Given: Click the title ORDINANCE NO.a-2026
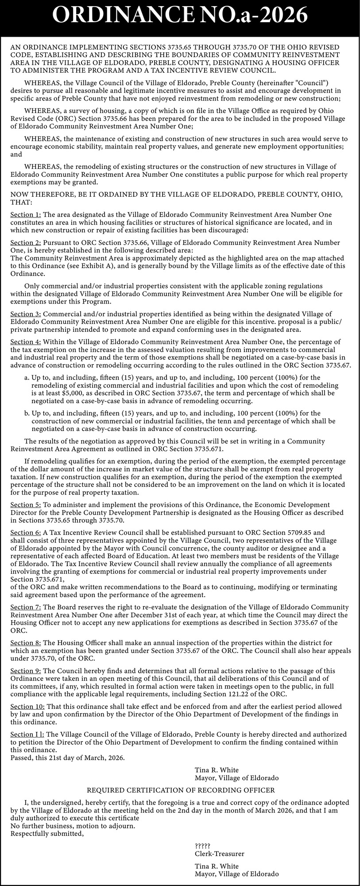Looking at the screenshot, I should click(180, 17).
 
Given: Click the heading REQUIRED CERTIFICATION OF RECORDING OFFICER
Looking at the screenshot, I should click(181, 790).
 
